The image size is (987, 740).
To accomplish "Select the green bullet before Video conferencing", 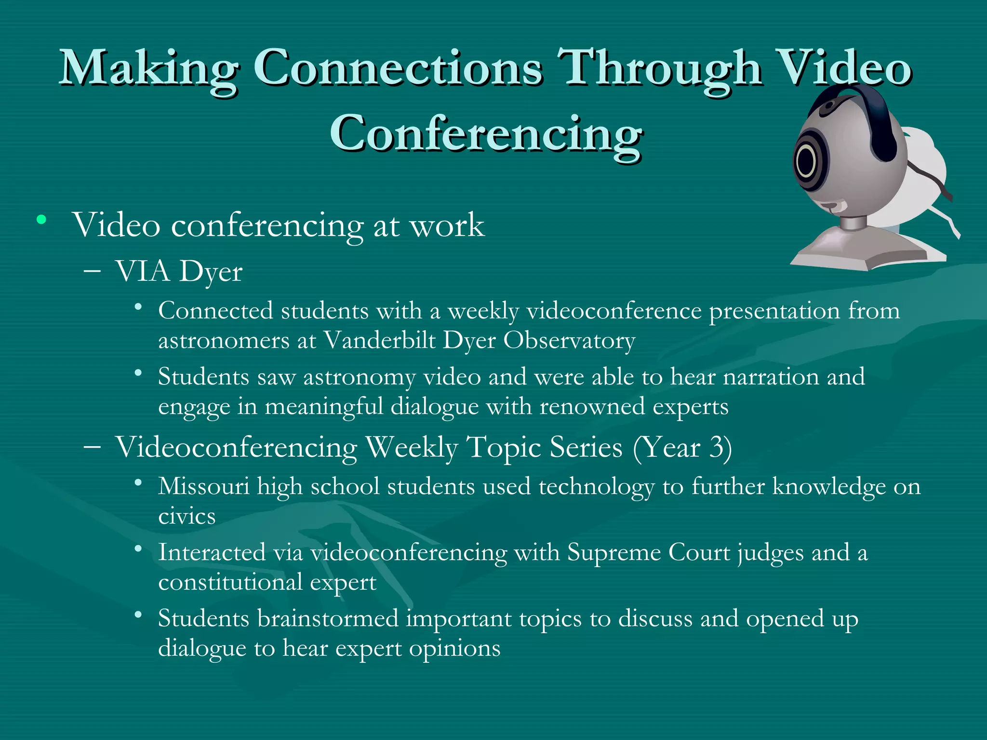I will (x=41, y=221).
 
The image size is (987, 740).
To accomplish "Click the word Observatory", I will (x=569, y=341).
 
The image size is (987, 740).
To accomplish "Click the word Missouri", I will (x=203, y=487).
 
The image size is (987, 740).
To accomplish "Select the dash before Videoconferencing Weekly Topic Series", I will (x=92, y=447).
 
